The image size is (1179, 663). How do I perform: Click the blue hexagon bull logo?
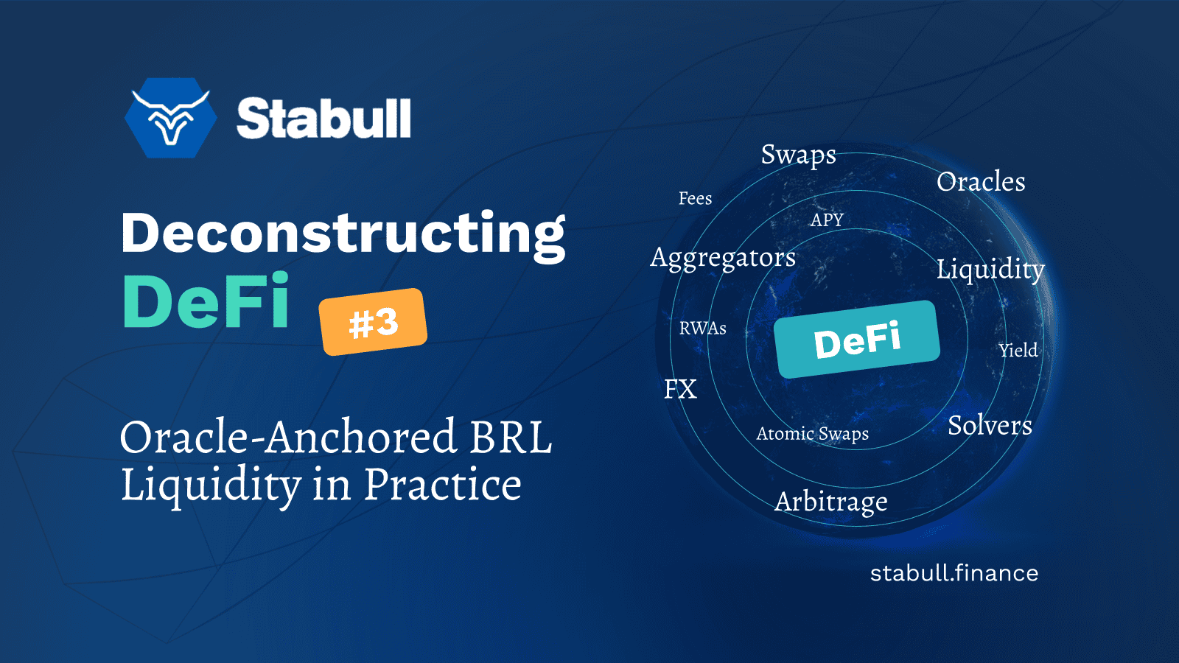tap(171, 118)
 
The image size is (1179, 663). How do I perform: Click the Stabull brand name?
tap(323, 119)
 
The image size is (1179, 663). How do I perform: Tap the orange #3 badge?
tap(374, 322)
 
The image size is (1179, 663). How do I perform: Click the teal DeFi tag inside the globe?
tap(857, 340)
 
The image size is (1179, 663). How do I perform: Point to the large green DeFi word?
tap(206, 302)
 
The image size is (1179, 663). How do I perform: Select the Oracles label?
tap(981, 182)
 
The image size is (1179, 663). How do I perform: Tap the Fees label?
tap(695, 199)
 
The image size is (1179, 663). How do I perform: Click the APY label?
tap(827, 220)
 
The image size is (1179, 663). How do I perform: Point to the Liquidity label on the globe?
tap(990, 270)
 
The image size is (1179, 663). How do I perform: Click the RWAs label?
tap(702, 329)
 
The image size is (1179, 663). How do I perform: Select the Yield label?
tap(1018, 351)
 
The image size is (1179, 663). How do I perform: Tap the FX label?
tap(680, 390)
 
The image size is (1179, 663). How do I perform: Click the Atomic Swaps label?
tap(812, 434)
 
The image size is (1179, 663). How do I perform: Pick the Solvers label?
tap(990, 426)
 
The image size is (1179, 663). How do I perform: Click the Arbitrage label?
tap(831, 502)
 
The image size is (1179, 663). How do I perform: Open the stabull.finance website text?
tap(954, 573)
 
